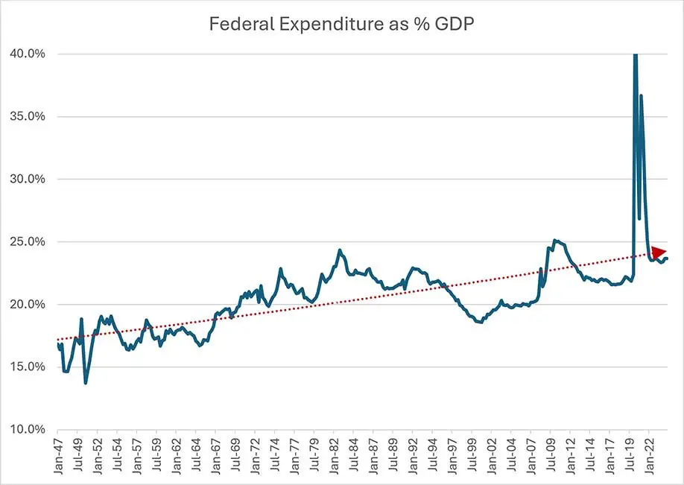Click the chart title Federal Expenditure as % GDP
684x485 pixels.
(343, 24)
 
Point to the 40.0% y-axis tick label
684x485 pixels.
(28, 54)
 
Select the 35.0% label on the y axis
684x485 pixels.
(28, 116)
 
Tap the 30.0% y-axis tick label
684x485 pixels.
(28, 179)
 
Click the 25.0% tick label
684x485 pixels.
(28, 241)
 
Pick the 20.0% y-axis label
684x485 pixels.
(28, 304)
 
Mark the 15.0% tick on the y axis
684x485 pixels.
(28, 367)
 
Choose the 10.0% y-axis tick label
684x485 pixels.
(28, 429)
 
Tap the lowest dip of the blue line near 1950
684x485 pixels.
(86, 382)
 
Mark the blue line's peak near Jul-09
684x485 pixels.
(555, 240)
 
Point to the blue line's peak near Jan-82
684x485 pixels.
(340, 250)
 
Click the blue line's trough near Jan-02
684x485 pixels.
(481, 323)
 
